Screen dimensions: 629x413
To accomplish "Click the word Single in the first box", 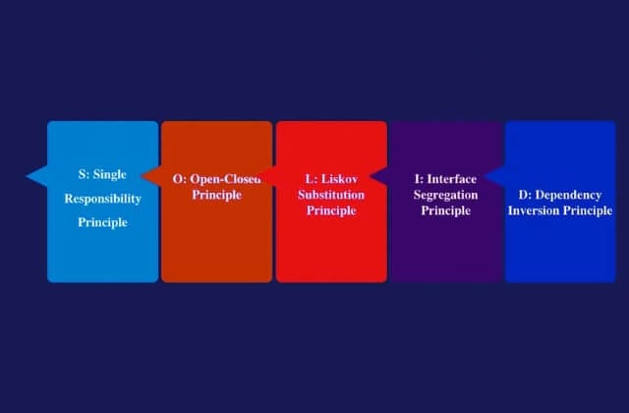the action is click(109, 175).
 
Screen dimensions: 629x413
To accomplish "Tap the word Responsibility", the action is click(102, 199).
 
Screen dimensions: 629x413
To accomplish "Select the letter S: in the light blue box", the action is click(84, 174).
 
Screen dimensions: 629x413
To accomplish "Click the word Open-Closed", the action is click(225, 179).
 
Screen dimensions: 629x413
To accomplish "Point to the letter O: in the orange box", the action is click(180, 179).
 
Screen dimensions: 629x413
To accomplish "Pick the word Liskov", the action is click(339, 179).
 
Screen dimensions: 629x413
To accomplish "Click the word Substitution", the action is click(331, 195).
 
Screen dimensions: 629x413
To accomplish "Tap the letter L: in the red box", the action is click(312, 179).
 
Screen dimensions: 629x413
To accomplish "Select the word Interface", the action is click(452, 179).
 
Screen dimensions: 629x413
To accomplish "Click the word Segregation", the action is click(445, 196).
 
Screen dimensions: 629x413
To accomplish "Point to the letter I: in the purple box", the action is click(420, 179).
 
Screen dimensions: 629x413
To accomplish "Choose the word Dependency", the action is click(568, 196).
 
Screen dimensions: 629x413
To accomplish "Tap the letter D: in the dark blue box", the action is click(525, 195).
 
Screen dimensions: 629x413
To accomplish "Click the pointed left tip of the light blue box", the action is click(27, 176).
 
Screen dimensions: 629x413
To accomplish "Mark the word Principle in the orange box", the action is click(216, 196).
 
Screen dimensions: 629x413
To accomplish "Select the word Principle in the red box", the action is click(331, 211).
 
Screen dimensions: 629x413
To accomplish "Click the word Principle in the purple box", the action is click(445, 211).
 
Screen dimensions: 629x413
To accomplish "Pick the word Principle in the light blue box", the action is click(102, 223).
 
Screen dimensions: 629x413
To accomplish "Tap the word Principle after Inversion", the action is click(588, 211).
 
